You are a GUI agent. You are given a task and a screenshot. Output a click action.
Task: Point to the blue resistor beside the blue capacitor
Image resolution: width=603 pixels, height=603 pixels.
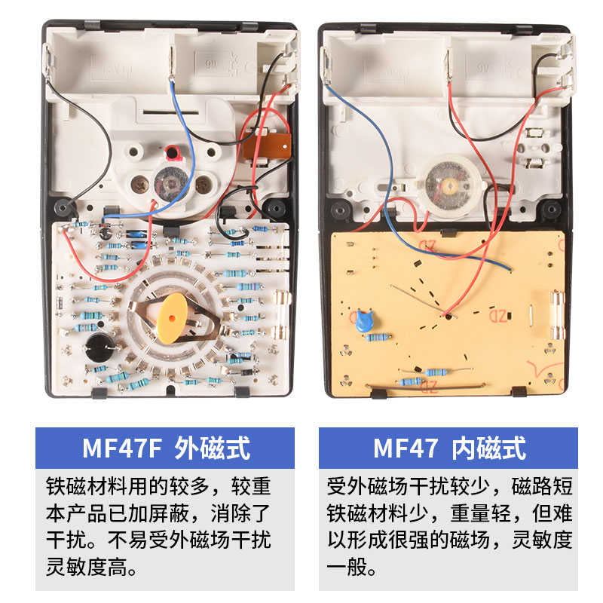tap(378, 337)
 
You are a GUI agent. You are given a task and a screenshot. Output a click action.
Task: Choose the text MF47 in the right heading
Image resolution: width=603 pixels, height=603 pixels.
tap(406, 448)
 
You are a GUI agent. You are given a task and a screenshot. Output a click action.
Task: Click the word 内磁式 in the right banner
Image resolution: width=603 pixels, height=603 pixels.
tap(488, 448)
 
